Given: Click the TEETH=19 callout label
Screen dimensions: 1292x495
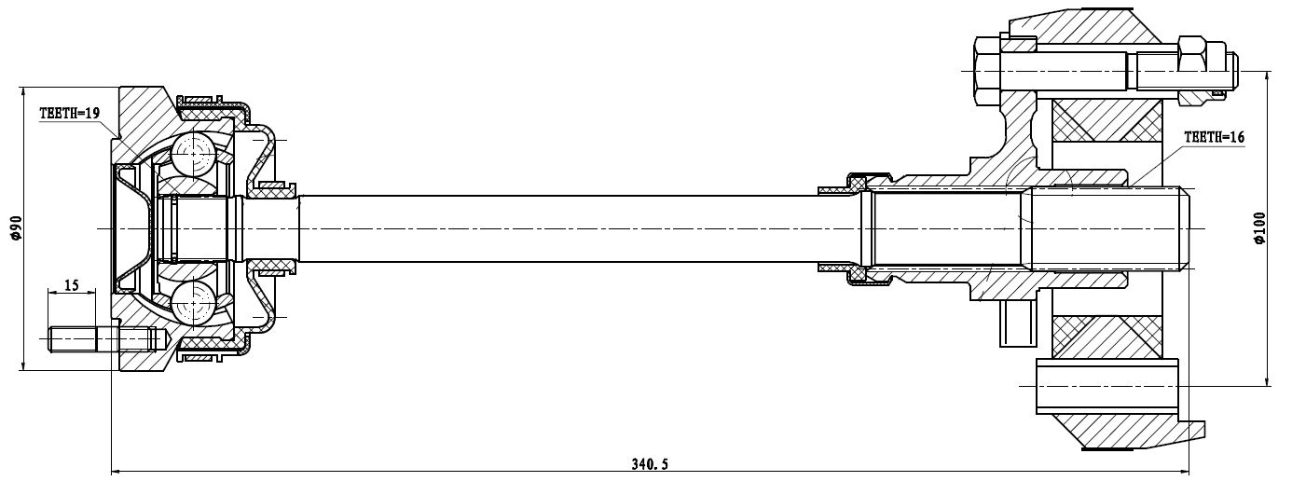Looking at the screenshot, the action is pyautogui.click(x=70, y=113).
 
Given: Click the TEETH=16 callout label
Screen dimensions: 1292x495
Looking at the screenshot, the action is pyautogui.click(x=1214, y=137).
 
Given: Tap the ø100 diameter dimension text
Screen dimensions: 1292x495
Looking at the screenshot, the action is pyautogui.click(x=1259, y=227).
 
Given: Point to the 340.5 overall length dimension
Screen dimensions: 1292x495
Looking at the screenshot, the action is pyautogui.click(x=650, y=464).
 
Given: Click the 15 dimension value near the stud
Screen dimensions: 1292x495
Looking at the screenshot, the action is pyautogui.click(x=72, y=285).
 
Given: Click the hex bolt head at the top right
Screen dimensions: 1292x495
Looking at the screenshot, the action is pyautogui.click(x=986, y=71).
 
